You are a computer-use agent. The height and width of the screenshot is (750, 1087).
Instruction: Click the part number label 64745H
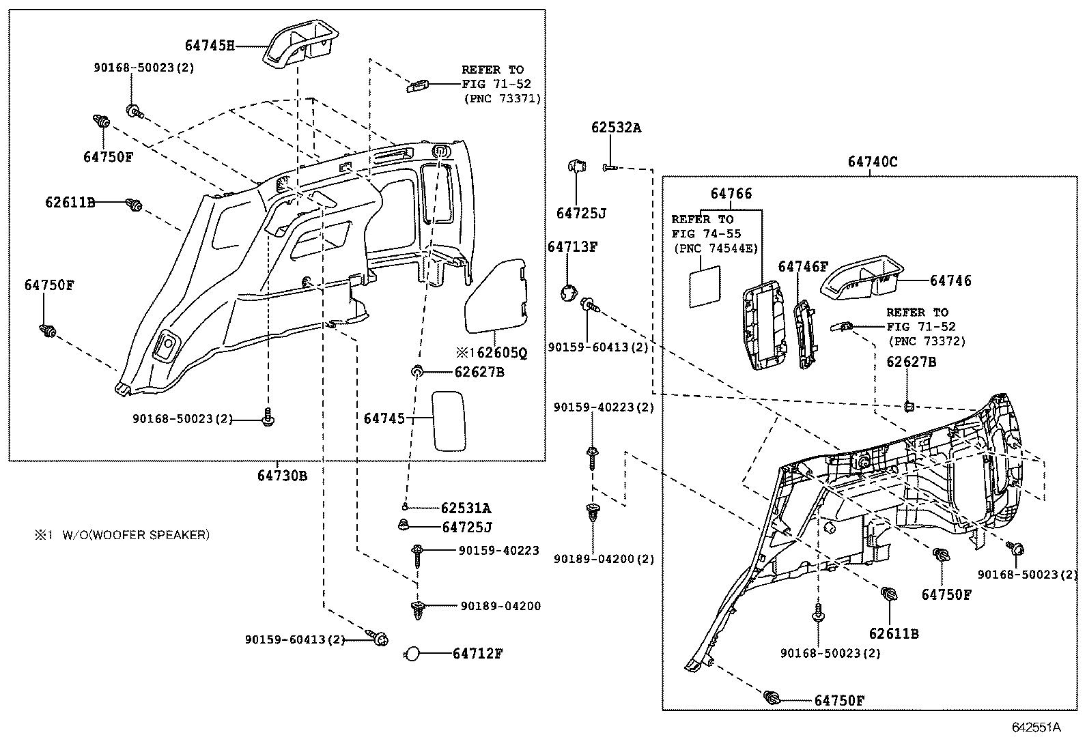point(209,46)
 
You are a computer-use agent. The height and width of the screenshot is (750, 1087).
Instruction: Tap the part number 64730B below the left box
point(282,476)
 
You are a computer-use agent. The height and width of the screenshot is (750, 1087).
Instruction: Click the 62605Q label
point(497,352)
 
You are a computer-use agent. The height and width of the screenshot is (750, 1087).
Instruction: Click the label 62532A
point(616,128)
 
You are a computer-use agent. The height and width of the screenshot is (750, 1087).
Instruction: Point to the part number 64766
point(731,194)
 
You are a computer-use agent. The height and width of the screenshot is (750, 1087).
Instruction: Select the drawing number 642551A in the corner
point(1036,727)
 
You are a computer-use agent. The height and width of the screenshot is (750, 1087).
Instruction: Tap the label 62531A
point(466,508)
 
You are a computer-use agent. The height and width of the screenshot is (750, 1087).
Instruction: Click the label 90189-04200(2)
point(604,559)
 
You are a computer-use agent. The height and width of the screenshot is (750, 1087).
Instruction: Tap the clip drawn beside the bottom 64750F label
point(773,697)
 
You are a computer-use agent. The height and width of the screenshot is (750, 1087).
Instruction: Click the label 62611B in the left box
point(70,203)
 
